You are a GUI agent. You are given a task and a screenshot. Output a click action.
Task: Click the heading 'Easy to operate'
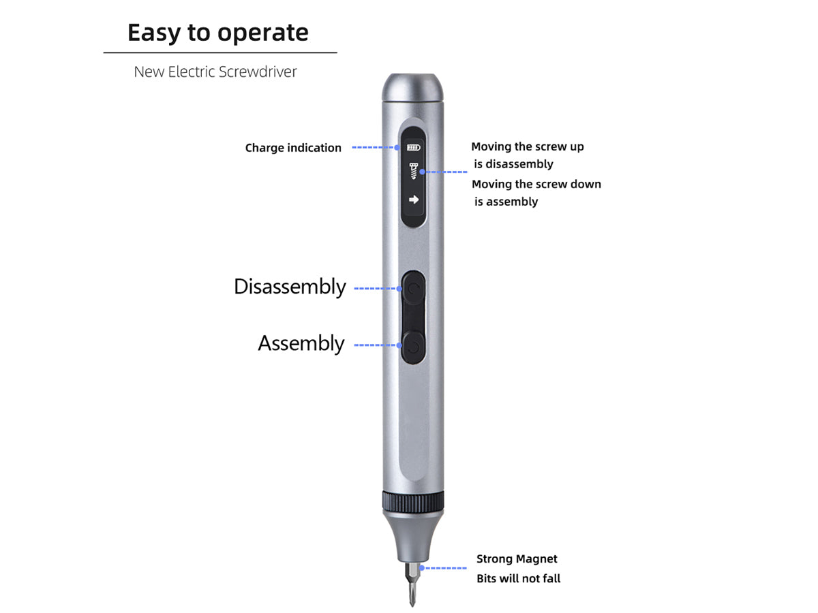click(218, 33)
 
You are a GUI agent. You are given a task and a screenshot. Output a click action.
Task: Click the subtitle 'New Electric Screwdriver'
click(215, 72)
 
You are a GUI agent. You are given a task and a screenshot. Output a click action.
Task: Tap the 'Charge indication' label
click(293, 148)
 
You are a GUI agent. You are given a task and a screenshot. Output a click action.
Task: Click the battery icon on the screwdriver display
click(413, 147)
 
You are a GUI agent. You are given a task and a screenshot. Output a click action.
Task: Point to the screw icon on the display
click(413, 171)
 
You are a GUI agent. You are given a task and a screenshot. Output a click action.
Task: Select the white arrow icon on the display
click(414, 200)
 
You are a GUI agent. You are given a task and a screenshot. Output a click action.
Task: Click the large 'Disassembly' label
click(290, 287)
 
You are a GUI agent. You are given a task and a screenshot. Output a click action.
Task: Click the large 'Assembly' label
click(301, 343)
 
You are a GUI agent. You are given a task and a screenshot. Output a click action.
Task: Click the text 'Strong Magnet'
click(517, 559)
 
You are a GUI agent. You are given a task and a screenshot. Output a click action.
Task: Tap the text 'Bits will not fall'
click(518, 578)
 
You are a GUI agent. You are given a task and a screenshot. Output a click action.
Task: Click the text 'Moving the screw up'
click(528, 146)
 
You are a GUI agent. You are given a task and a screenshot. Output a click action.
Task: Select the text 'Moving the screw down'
click(536, 184)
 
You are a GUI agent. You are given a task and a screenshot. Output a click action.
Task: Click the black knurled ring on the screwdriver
click(413, 502)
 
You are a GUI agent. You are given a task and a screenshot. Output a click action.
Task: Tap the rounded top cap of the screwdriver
click(413, 87)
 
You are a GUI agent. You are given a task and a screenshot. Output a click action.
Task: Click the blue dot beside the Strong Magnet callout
click(421, 568)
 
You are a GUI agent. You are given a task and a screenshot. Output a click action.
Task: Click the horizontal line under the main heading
click(220, 53)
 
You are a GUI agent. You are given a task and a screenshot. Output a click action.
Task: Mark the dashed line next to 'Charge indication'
click(374, 147)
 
